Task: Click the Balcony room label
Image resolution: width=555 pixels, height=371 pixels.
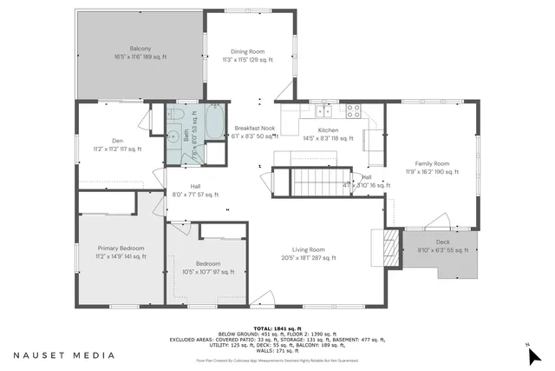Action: (140, 48)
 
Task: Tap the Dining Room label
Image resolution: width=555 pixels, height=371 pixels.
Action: (247, 51)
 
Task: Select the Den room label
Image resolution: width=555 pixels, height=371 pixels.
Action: (117, 141)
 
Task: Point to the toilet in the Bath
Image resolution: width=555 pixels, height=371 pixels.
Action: (173, 116)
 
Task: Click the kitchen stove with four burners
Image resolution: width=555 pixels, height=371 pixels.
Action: (354, 110)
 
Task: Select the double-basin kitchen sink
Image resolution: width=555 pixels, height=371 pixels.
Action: (323, 110)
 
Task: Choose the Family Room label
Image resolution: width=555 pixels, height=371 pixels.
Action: (431, 163)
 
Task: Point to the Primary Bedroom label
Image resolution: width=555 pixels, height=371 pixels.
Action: (121, 248)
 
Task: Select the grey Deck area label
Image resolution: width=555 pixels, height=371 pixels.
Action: (443, 242)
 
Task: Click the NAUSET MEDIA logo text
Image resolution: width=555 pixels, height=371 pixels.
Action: (63, 355)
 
